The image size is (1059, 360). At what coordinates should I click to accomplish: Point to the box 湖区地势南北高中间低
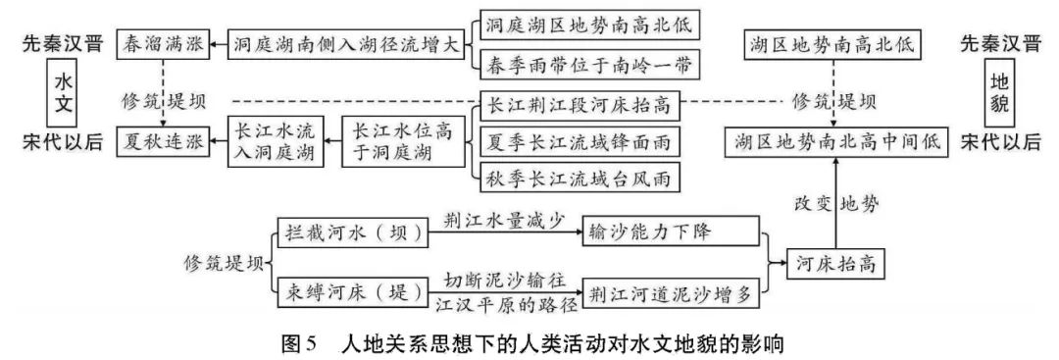(x=834, y=141)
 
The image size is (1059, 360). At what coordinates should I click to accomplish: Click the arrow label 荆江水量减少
(x=503, y=220)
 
